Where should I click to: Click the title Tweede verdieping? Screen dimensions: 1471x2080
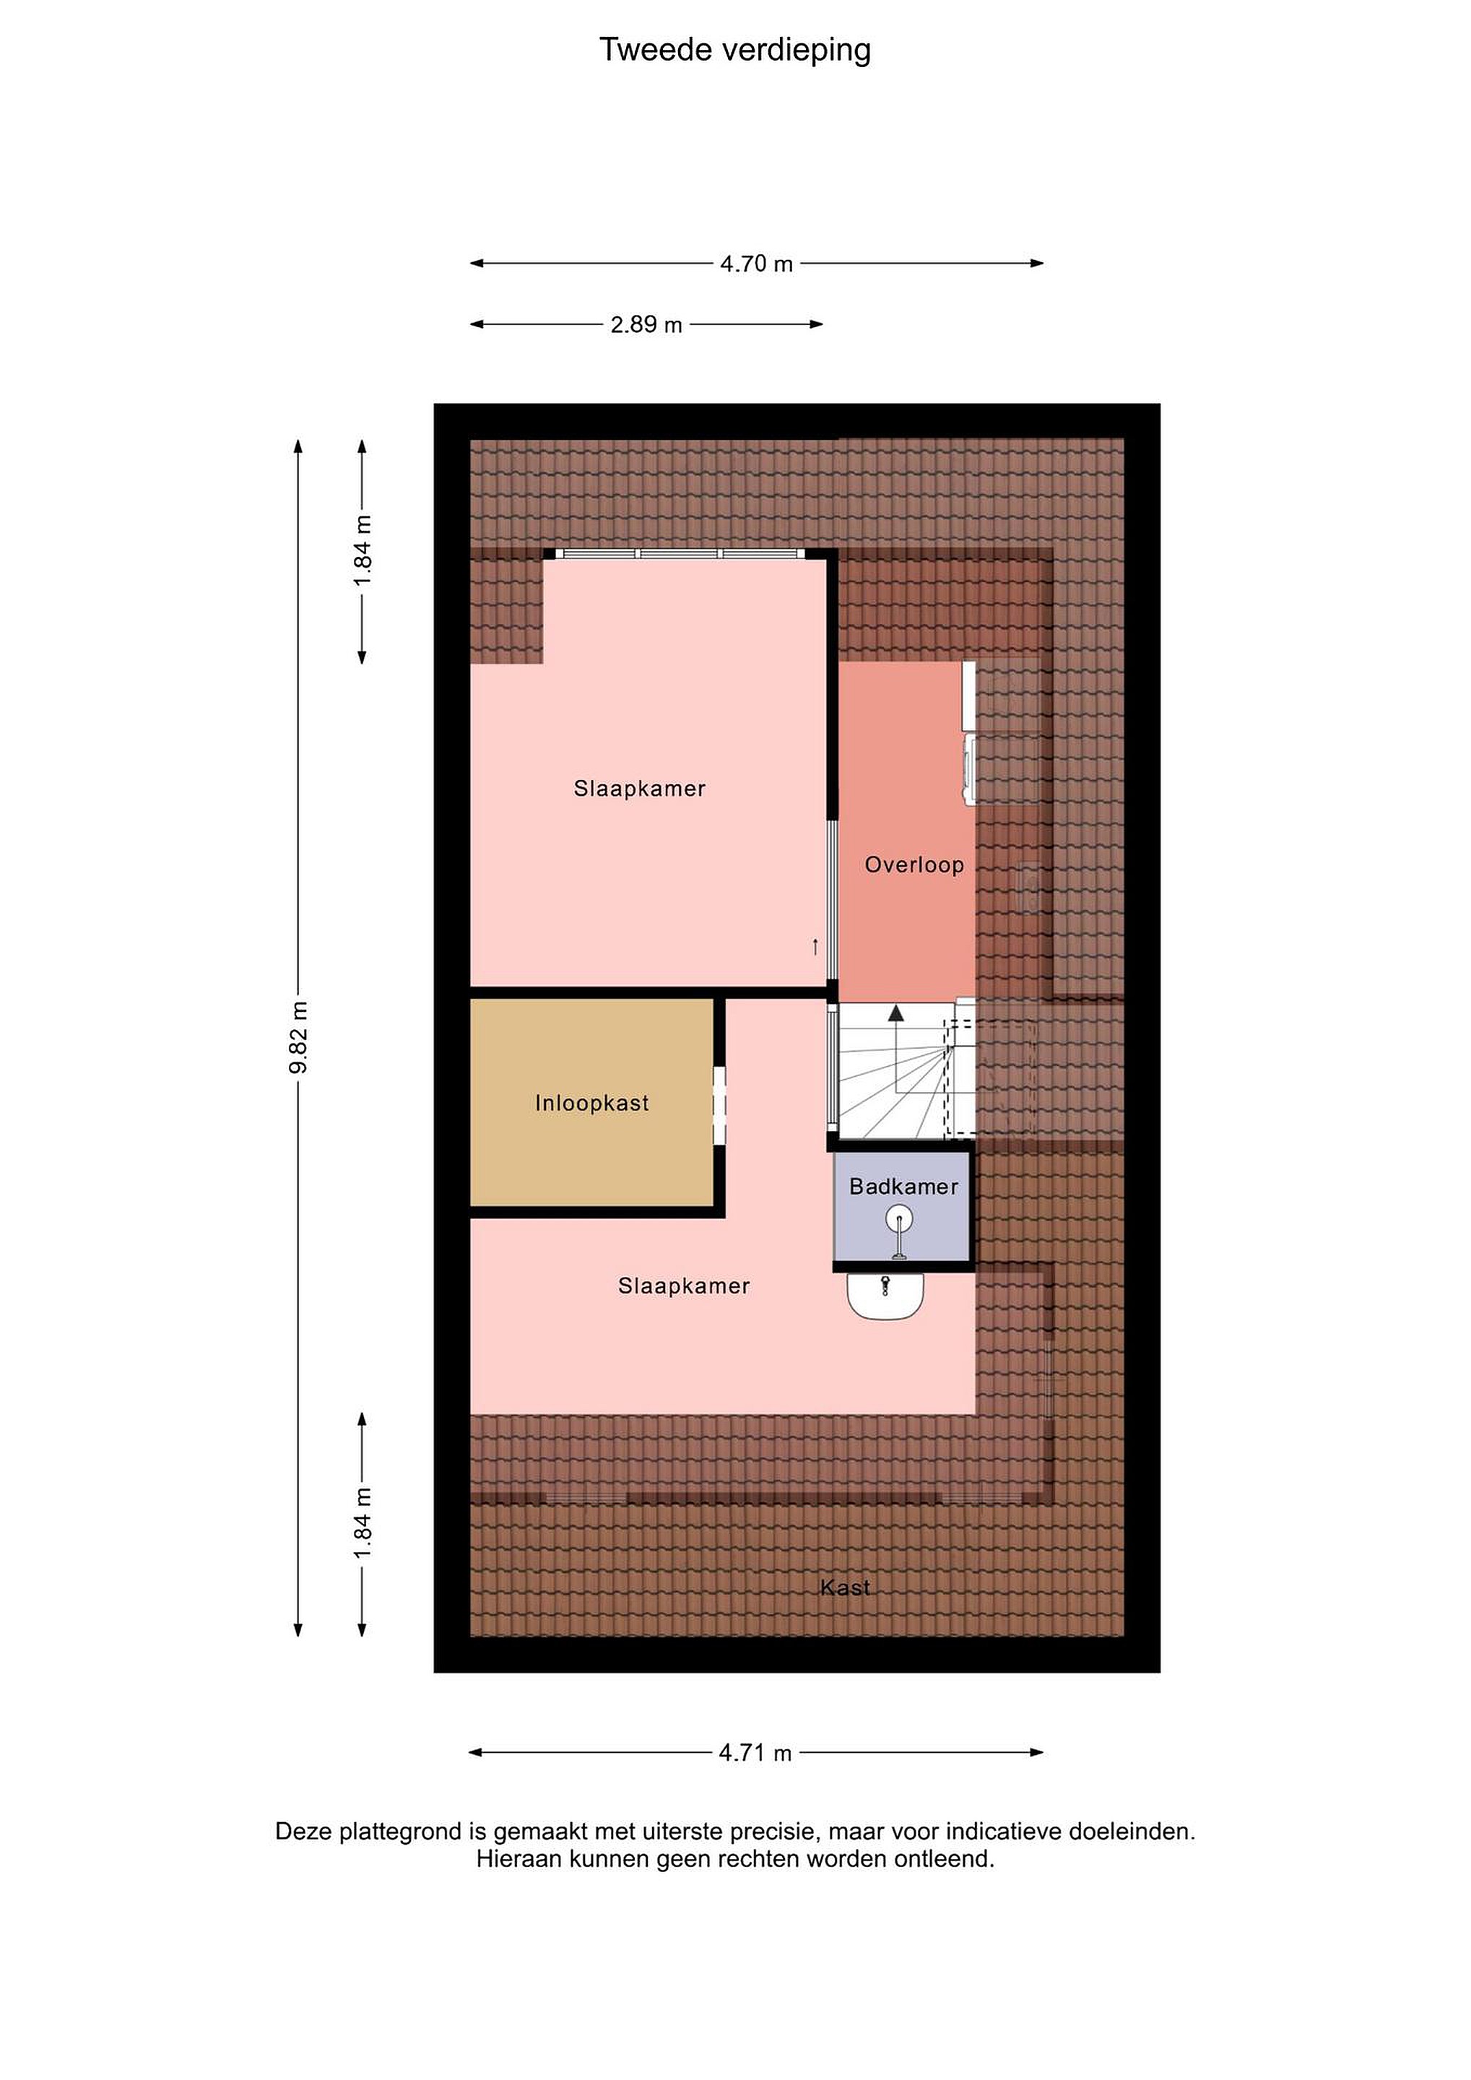[734, 51]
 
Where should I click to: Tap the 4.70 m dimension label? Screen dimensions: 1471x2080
[756, 264]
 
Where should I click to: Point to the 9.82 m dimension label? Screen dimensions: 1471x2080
[299, 1038]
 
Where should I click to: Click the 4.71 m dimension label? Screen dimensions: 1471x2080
[755, 1753]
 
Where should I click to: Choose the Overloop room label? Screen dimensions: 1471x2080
[914, 864]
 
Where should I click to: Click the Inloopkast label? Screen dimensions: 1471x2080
[591, 1103]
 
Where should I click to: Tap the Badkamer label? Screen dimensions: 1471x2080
[903, 1186]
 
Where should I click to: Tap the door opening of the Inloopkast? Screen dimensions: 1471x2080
[720, 1106]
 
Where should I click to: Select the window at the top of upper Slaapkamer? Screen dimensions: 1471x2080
[680, 553]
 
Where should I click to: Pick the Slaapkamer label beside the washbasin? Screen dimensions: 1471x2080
[684, 1286]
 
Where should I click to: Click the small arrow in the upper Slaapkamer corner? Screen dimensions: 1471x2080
[815, 947]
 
